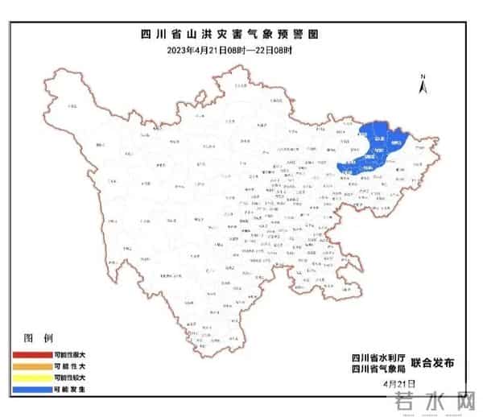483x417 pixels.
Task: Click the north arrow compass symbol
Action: [x=422, y=82]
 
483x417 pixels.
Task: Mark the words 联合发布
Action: [x=432, y=363]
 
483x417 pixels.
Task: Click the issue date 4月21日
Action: [x=399, y=384]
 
